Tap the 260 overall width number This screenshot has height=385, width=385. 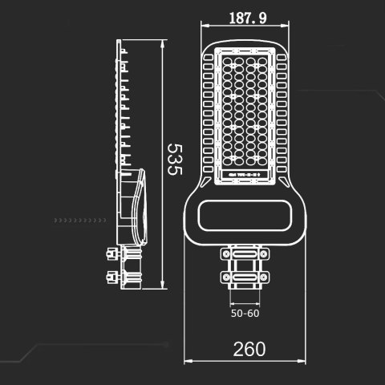coord(249,349)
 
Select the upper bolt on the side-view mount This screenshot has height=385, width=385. coord(108,254)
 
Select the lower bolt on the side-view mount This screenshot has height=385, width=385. coord(108,277)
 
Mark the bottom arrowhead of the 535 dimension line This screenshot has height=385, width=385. coord(163,288)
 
